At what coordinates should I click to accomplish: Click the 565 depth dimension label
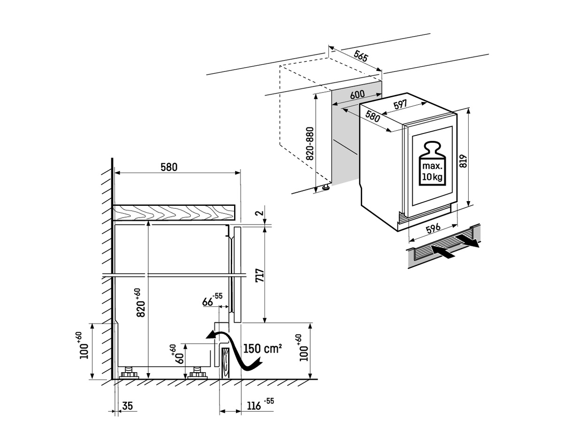point(361,56)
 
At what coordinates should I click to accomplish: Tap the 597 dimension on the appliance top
point(401,104)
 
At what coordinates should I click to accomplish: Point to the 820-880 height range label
point(310,143)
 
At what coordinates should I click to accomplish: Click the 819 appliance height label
point(463,161)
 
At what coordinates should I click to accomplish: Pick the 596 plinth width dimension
point(433,228)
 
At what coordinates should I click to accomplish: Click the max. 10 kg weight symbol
point(433,164)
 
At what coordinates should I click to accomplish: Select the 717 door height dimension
point(260,275)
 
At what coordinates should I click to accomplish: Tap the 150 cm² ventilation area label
point(263,349)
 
